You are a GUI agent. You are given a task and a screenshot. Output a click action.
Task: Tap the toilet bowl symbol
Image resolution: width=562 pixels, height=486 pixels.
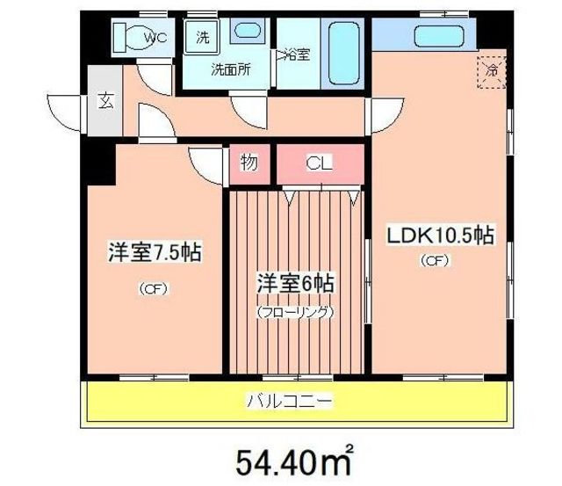point(130,38)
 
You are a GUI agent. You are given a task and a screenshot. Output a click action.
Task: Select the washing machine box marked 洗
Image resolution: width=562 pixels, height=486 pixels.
point(203,38)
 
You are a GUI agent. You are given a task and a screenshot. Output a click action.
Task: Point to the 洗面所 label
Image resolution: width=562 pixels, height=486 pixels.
point(229,69)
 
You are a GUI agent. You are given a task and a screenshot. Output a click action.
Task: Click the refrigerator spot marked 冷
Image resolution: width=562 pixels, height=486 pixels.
point(492,70)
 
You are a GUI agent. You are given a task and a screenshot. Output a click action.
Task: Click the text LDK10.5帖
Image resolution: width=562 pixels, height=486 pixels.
point(439,236)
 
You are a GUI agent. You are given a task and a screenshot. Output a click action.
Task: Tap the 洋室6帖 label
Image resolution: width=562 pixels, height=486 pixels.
point(297,284)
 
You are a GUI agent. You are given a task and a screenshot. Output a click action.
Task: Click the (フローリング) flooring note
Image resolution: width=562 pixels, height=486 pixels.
point(297,310)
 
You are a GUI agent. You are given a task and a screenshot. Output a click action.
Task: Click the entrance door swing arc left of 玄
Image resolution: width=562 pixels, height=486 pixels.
point(68,107)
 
